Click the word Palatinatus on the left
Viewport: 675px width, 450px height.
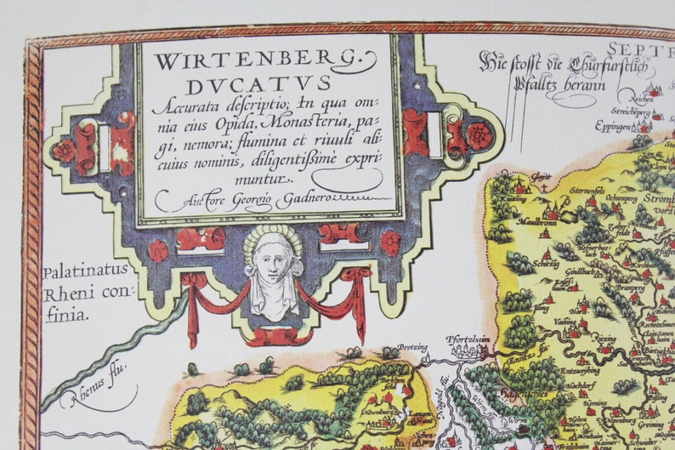(85, 272)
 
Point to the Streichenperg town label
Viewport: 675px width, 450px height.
(628, 111)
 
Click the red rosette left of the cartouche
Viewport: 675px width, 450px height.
(65, 151)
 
